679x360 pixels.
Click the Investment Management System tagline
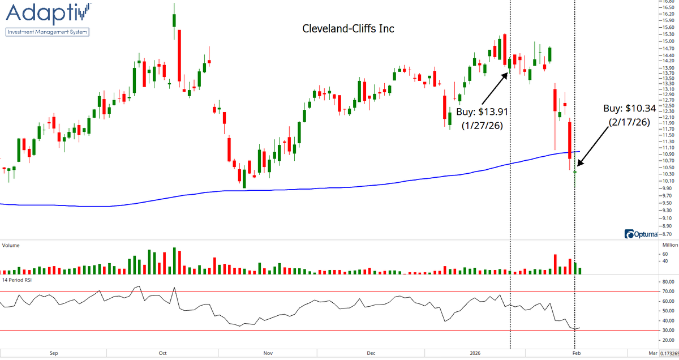(48, 32)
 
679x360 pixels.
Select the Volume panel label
(12, 246)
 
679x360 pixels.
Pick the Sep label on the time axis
(54, 354)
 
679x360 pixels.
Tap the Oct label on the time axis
(162, 354)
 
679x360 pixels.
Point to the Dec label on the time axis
(371, 354)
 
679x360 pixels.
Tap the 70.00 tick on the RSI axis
(668, 291)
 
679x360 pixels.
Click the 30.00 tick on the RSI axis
(668, 330)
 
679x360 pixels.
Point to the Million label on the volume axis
(669, 246)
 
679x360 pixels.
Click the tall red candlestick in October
(179, 55)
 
